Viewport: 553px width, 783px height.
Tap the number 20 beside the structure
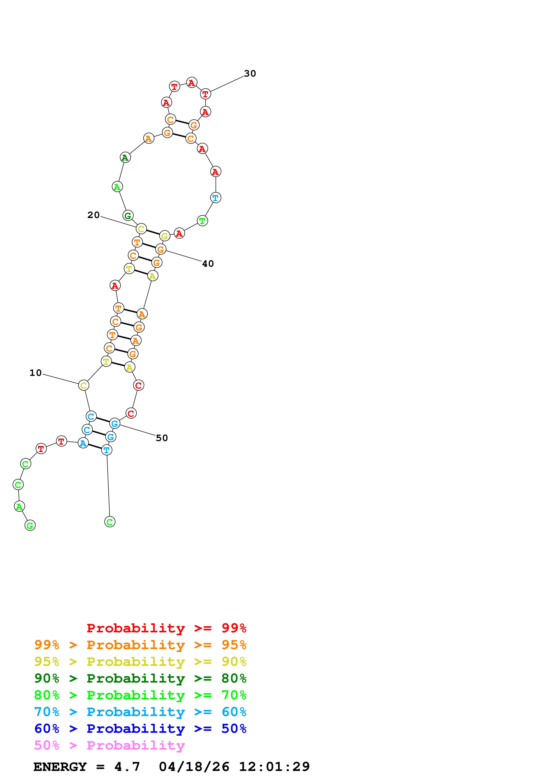[x=93, y=215]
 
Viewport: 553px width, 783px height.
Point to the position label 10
[x=35, y=373]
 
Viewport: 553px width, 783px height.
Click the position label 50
[x=162, y=438]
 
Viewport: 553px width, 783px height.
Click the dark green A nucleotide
[x=125, y=158]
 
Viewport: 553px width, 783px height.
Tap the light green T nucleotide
[x=202, y=221]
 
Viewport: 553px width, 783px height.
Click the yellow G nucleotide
[x=165, y=236]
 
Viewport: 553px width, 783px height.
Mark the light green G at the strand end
[x=30, y=525]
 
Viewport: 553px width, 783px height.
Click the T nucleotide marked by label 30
[x=205, y=94]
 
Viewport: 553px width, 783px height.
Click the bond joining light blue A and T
[x=95, y=447]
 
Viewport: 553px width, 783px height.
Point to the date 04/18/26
[x=194, y=767]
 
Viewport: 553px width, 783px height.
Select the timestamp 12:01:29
[x=274, y=767]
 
